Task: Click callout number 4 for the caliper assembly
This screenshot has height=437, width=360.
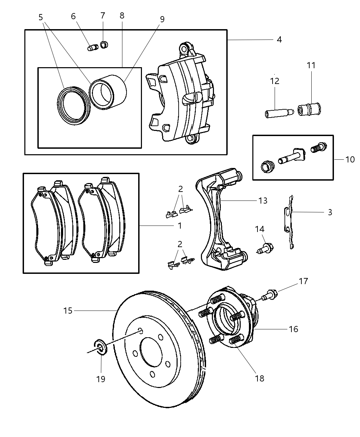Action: (x=279, y=40)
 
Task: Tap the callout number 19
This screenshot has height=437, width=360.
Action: (x=101, y=379)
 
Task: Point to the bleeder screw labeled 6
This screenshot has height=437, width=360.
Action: (x=93, y=48)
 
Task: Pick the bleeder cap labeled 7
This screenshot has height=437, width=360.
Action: (x=104, y=44)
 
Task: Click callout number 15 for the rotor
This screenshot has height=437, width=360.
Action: (x=68, y=311)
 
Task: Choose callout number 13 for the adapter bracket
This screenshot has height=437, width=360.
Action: (x=263, y=201)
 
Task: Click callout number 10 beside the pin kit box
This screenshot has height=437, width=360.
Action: (x=350, y=159)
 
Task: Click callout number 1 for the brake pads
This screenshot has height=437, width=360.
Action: (x=180, y=226)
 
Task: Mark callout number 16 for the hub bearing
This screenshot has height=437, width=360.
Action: (x=293, y=329)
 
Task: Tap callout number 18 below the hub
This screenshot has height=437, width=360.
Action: (x=260, y=378)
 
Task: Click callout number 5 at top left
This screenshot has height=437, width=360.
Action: (x=41, y=17)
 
